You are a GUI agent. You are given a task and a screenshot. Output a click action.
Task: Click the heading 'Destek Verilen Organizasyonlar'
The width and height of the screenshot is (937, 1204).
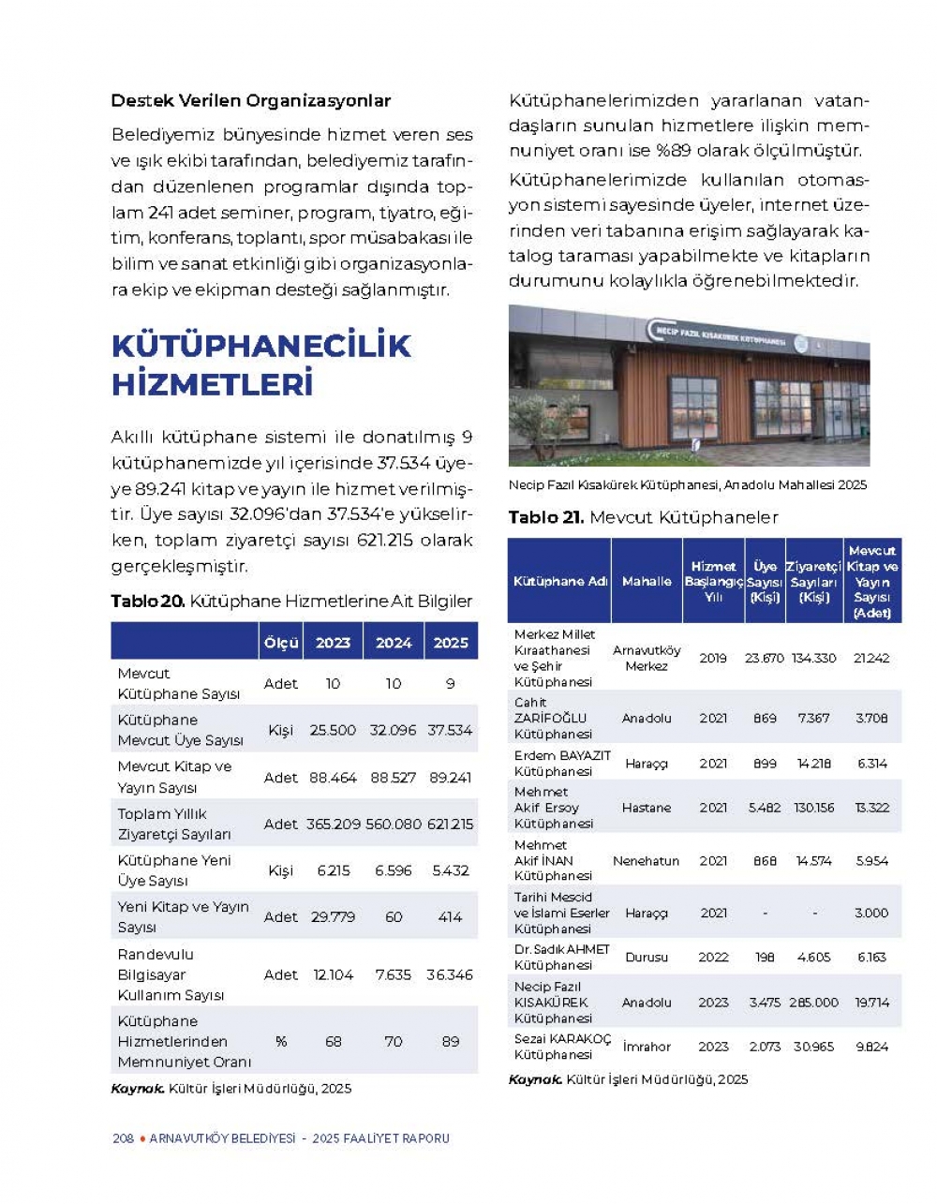(250, 100)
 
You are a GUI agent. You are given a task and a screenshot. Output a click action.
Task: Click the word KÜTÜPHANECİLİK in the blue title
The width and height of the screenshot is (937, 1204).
(260, 346)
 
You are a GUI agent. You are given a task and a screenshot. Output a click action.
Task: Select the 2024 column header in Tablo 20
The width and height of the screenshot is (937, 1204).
(394, 643)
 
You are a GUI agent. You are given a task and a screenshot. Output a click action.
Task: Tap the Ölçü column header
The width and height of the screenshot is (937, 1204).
(280, 643)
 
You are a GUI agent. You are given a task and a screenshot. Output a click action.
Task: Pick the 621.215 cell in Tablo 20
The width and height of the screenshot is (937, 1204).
(451, 825)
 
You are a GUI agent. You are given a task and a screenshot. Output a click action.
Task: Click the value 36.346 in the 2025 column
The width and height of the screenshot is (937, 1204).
(451, 974)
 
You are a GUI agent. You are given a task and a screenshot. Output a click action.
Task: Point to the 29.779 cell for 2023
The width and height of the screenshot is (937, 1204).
(333, 916)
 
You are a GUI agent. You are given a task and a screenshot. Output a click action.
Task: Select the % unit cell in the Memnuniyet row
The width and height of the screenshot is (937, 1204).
(280, 1041)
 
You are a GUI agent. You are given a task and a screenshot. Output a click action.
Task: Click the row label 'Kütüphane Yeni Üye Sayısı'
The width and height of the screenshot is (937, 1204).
(174, 870)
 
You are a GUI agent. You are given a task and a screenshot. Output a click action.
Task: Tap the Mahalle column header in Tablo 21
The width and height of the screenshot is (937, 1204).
(647, 582)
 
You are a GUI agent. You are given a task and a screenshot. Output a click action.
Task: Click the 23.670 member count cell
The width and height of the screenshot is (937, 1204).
(765, 658)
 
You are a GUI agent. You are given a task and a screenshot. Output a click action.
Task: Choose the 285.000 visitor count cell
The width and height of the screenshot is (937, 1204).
(813, 1002)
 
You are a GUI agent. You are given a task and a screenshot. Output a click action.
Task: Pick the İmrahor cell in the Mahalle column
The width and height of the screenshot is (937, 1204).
(647, 1047)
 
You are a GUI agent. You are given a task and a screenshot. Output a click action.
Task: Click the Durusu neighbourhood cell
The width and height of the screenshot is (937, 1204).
(647, 958)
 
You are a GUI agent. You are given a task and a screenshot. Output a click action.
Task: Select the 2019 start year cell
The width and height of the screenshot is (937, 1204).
(713, 658)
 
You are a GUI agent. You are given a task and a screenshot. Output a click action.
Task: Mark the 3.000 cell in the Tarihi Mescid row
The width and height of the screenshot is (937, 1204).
(871, 913)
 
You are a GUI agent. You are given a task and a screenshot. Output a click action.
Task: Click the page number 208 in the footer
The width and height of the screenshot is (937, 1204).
(123, 1138)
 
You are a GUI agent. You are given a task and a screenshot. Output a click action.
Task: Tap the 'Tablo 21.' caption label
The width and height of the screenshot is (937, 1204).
(546, 517)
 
